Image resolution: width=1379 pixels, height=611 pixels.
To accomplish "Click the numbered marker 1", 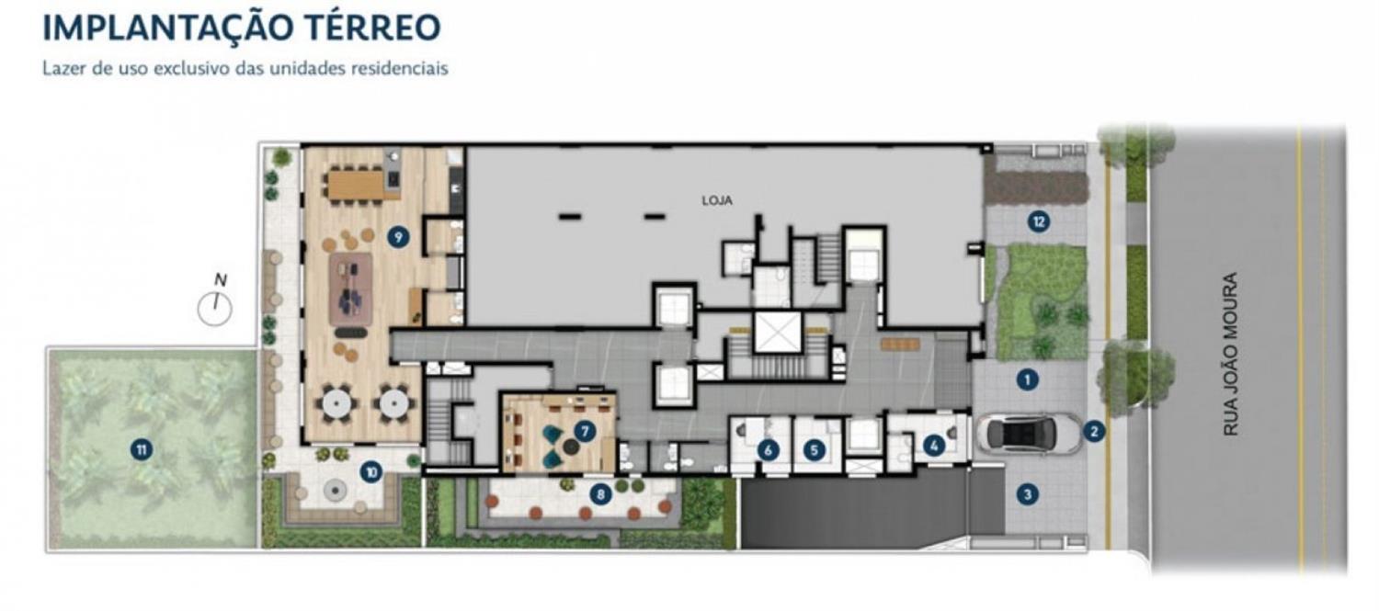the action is pos(1026,379).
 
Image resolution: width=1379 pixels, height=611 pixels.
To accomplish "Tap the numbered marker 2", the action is pos(1094,431).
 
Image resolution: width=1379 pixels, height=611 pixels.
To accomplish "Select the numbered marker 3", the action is pos(1027,493).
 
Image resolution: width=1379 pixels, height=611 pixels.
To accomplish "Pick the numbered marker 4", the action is pos(934,446).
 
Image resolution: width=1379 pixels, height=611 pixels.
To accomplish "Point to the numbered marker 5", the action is pos(814,450).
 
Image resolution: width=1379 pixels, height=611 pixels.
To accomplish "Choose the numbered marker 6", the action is pos(768,450).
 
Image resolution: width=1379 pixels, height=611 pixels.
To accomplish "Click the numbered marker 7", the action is pos(584,431).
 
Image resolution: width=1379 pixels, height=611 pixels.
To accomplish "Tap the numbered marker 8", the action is pos(600,494).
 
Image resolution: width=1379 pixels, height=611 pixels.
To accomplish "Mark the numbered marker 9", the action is pos(398,237).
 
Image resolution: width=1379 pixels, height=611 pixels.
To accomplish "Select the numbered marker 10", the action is pos(371,472).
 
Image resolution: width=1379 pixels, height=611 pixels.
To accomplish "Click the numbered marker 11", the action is pos(142,450).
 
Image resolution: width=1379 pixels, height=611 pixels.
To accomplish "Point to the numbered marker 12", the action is pos(1039,221).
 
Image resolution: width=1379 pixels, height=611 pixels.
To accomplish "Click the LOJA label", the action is pos(717,200).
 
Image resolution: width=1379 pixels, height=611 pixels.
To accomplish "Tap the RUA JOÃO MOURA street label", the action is pos(1231,355).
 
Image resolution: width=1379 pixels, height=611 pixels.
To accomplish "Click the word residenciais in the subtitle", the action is pos(399,68).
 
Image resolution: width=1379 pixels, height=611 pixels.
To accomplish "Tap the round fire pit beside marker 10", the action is pos(335,491).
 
